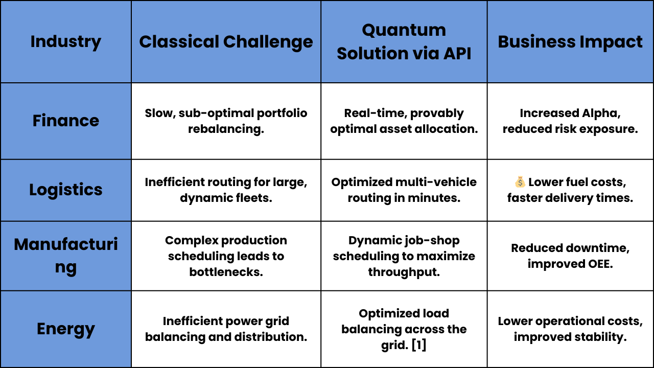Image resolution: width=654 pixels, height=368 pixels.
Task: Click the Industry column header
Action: coord(66,42)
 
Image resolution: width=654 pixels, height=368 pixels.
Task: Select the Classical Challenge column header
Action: coord(226,42)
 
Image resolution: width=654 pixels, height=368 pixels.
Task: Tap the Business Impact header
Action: coord(570,42)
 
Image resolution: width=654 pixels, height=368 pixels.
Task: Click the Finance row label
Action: coord(66,121)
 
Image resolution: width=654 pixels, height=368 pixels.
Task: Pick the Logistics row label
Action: coord(66,190)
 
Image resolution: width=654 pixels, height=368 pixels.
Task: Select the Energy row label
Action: coord(66,329)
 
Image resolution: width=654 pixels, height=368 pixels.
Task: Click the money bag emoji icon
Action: coord(520,181)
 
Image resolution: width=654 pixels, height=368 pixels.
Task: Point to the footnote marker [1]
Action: coord(418,345)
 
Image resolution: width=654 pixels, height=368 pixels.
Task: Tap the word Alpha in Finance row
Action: coord(601,113)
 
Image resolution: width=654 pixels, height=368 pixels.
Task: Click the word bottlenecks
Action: coord(226,272)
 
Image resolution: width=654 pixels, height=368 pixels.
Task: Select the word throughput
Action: coord(404,272)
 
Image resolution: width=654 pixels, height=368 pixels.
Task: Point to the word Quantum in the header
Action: coord(404,30)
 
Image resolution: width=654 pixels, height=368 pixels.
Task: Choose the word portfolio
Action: coord(282,113)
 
